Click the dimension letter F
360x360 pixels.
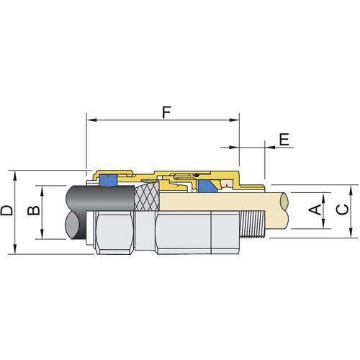pyautogui.click(x=167, y=112)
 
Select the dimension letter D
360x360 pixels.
pyautogui.click(x=6, y=211)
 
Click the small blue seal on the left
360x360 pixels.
pyautogui.click(x=108, y=181)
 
